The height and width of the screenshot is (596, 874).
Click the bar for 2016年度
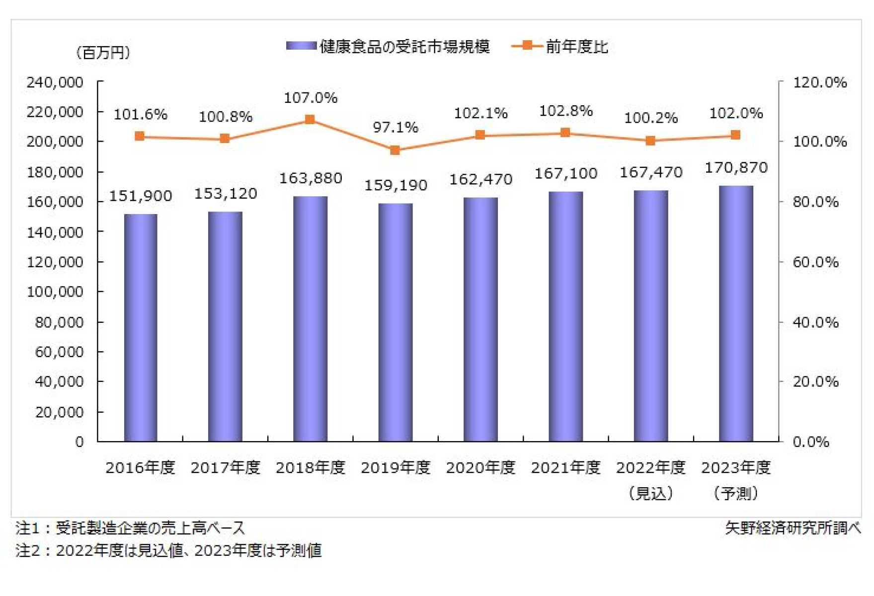click(141, 328)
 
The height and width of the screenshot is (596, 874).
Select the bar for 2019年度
click(396, 322)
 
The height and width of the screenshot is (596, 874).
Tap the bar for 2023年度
click(736, 313)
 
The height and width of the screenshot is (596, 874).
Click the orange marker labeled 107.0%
click(310, 119)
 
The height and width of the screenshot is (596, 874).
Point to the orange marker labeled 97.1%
click(395, 150)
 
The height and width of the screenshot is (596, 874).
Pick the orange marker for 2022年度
click(650, 141)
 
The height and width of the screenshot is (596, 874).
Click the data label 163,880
click(311, 178)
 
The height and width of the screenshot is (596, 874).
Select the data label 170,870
click(736, 168)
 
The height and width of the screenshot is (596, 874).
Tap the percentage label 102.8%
click(565, 111)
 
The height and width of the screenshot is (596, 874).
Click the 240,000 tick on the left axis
click(55, 82)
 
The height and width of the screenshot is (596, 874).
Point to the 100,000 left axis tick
click(55, 292)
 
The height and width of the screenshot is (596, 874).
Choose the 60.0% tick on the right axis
click(815, 262)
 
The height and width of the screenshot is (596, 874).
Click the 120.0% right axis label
click(819, 82)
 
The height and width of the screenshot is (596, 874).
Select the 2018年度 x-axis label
click(311, 467)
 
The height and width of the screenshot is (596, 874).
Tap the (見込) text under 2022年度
click(650, 493)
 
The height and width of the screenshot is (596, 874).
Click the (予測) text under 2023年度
click(736, 493)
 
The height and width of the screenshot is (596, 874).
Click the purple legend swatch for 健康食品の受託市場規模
click(301, 46)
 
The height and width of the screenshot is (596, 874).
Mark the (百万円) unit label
click(103, 53)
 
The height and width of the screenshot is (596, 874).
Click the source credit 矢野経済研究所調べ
click(793, 528)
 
